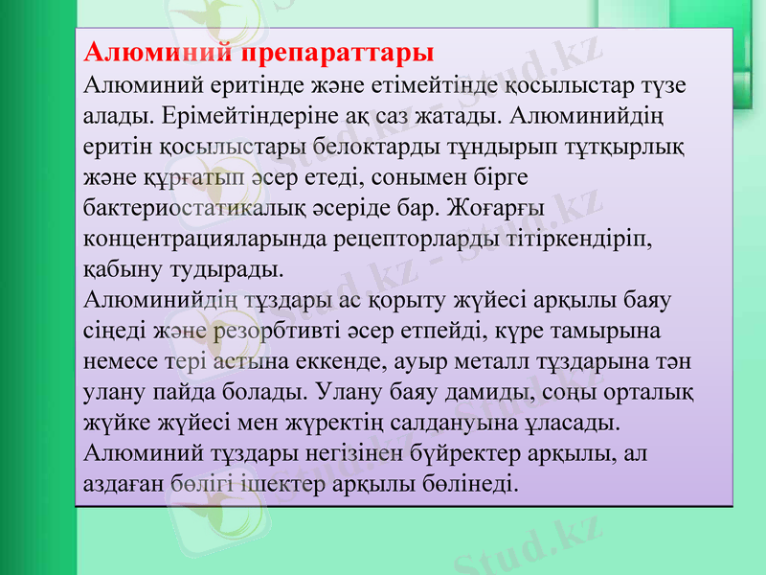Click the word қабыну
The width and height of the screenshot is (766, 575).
tap(120, 269)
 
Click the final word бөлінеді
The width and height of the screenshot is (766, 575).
tap(470, 484)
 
